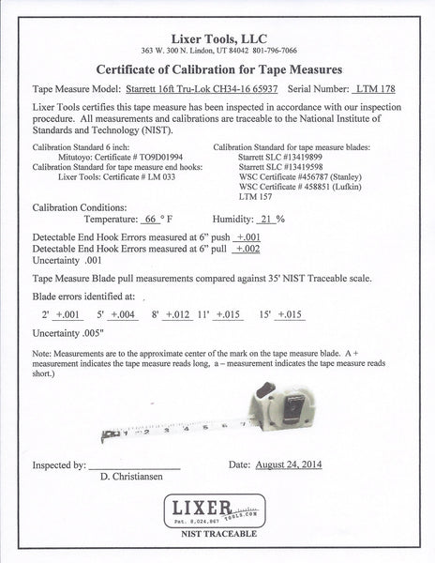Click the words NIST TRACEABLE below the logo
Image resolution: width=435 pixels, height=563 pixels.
tap(218, 545)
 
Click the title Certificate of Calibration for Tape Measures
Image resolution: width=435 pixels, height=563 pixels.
tap(217, 68)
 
